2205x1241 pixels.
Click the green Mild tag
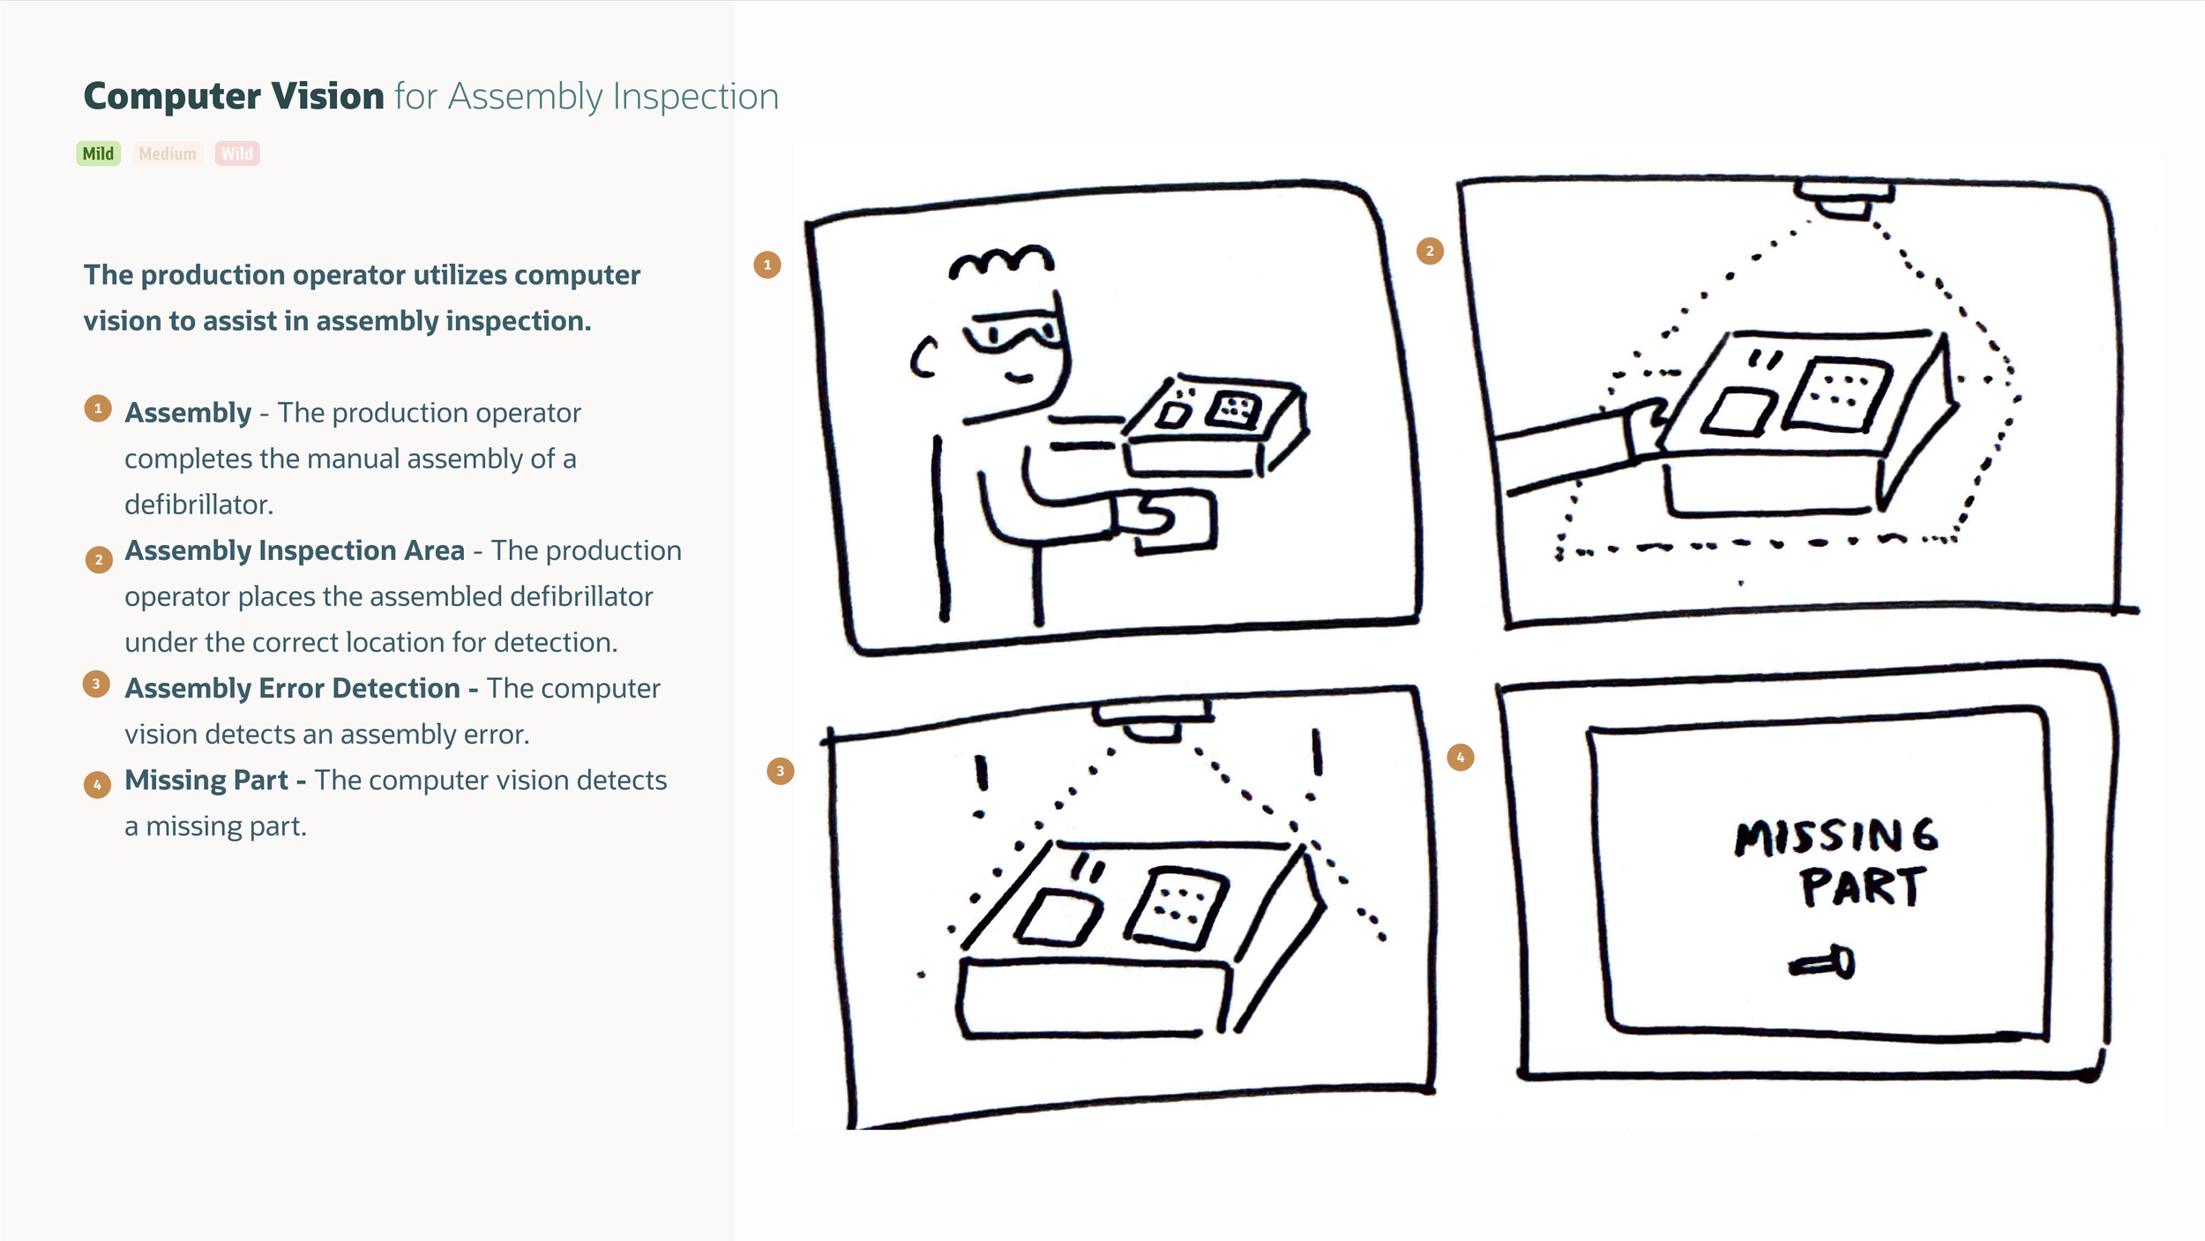pyautogui.click(x=98, y=153)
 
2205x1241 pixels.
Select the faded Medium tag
pyautogui.click(x=167, y=153)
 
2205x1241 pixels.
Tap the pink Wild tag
pyautogui.click(x=236, y=153)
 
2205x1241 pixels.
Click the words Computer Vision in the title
pyautogui.click(x=234, y=96)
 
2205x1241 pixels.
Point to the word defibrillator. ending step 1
pyautogui.click(x=198, y=505)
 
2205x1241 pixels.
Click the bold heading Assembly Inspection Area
pyautogui.click(x=295, y=550)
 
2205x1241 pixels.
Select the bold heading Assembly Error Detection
pyautogui.click(x=293, y=688)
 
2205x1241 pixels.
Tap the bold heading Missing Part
pyautogui.click(x=206, y=780)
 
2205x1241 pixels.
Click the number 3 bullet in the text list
pyautogui.click(x=96, y=684)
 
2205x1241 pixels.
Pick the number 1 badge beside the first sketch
pyautogui.click(x=767, y=265)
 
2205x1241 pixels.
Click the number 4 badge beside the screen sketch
pyautogui.click(x=1461, y=757)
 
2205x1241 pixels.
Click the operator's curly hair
pyautogui.click(x=1001, y=261)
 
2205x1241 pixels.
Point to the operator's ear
pyautogui.click(x=923, y=358)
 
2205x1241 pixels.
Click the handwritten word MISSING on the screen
pyautogui.click(x=1836, y=836)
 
